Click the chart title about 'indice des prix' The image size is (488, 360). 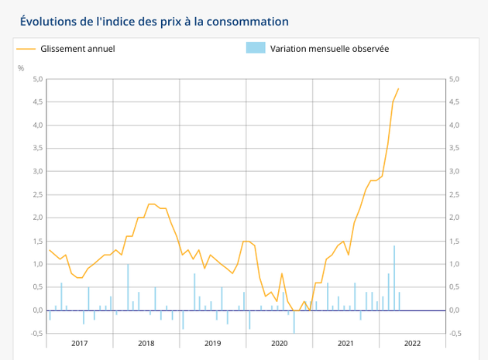pos(154,21)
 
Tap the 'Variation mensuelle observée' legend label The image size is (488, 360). pos(329,48)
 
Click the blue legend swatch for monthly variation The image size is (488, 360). pos(256,48)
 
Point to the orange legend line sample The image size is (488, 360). pos(26,48)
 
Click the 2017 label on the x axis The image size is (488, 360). pos(80,342)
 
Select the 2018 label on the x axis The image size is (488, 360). pos(146,342)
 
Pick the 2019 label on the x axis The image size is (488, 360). pos(213,342)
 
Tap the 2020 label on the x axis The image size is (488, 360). pos(280,342)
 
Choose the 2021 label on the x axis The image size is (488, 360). pos(346,342)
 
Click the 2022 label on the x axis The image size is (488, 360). pos(412,342)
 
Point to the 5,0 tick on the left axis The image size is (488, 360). pos(36,79)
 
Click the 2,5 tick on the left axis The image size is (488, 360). pos(36,194)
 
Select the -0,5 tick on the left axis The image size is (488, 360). pos(35,334)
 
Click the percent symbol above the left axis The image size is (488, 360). pos(21,68)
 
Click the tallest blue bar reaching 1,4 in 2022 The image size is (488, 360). pos(394,278)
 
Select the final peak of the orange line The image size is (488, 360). pos(398,88)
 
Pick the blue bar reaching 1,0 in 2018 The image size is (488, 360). pos(129,287)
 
